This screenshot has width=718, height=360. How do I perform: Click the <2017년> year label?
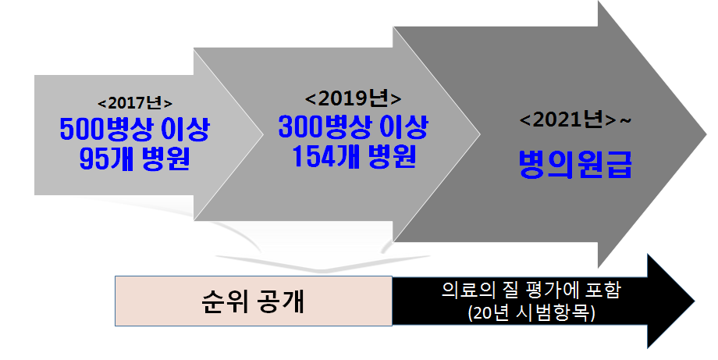135,103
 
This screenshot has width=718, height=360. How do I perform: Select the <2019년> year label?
354,99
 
